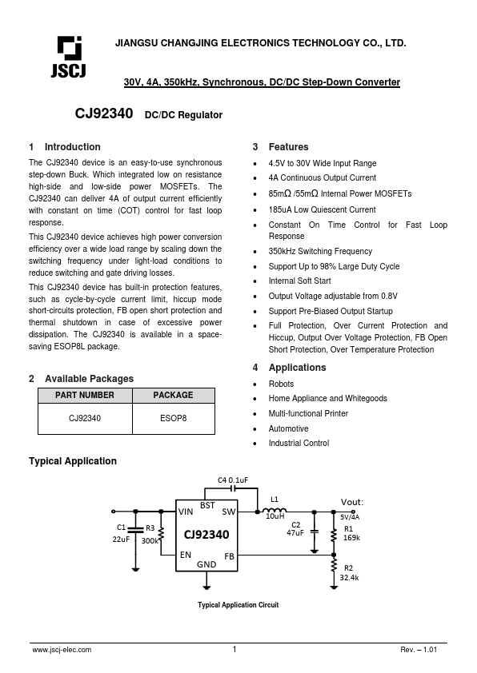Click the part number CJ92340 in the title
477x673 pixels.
[103, 115]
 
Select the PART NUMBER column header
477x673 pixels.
[84, 395]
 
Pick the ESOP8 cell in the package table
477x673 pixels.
[173, 417]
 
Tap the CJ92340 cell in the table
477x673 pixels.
[84, 417]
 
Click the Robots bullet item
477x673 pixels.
[281, 384]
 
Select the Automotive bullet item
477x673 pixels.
[288, 428]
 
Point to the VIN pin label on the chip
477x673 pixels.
[186, 512]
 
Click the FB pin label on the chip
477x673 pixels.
[229, 556]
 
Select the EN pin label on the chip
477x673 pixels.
[186, 555]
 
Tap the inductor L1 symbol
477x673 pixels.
[275, 509]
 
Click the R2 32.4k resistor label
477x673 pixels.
[349, 571]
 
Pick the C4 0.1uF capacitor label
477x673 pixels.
[233, 480]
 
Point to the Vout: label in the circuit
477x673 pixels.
[352, 502]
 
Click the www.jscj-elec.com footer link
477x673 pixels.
[62, 650]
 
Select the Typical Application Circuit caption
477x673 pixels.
[238, 605]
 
